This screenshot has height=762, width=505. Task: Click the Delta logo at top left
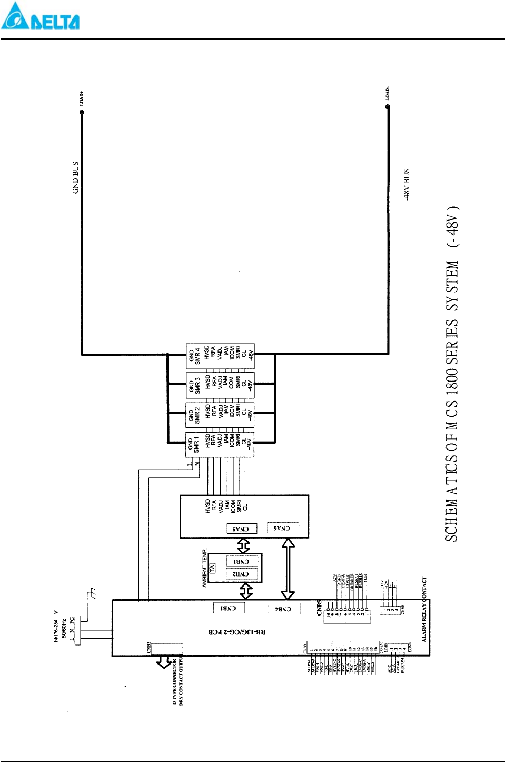(x=40, y=16)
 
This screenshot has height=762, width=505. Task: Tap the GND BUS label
(x=75, y=178)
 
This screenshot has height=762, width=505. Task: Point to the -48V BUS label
(x=407, y=184)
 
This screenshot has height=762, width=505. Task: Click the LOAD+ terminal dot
(x=82, y=112)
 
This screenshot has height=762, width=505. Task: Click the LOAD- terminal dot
(x=388, y=107)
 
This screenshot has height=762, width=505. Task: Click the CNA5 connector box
(x=242, y=529)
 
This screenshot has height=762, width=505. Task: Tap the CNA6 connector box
(x=283, y=527)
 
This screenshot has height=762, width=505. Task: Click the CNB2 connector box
(x=242, y=574)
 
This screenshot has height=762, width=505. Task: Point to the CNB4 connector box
(x=284, y=609)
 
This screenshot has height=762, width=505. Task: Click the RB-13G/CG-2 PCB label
(x=237, y=632)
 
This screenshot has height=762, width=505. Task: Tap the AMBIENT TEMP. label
(x=205, y=568)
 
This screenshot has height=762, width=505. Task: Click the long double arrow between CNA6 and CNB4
(x=288, y=569)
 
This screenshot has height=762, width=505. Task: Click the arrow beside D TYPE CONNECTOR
(x=164, y=662)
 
